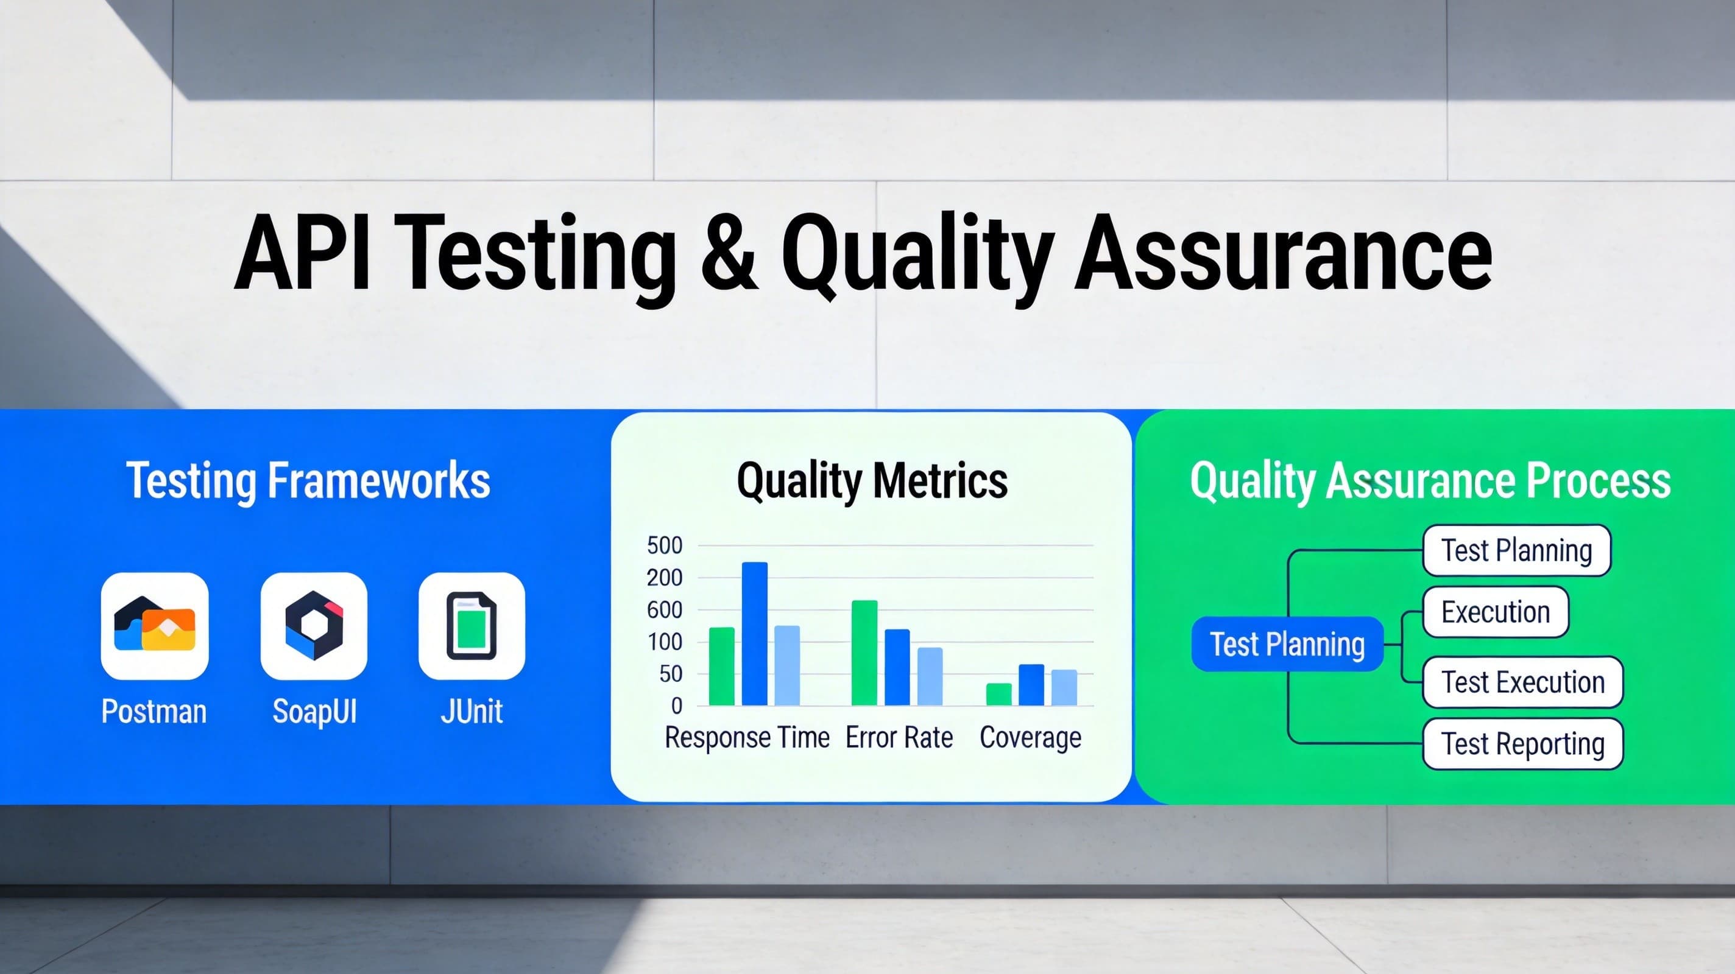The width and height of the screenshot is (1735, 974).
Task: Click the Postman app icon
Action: click(154, 625)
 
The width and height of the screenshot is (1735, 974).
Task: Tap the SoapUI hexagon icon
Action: click(314, 625)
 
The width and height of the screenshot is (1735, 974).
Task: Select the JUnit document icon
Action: click(472, 625)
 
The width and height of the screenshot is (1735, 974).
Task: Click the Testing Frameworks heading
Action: click(308, 480)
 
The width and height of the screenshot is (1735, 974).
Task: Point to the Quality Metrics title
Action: click(872, 480)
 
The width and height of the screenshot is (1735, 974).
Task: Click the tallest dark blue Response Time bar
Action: click(754, 633)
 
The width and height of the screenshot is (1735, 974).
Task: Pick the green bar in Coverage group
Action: click(998, 694)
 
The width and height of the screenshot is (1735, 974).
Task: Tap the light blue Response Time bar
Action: click(786, 665)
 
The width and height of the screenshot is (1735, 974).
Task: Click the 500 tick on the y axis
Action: click(664, 545)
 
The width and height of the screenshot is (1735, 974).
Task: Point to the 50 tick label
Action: click(670, 674)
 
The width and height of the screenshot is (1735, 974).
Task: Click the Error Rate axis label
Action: click(899, 738)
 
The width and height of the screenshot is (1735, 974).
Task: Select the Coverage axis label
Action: click(1030, 738)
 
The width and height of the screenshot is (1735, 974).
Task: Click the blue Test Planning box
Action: click(1287, 644)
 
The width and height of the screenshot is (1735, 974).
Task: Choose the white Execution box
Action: click(1495, 612)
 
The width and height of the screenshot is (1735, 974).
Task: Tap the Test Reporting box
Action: click(1522, 744)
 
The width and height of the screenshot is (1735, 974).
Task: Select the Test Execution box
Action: click(1522, 682)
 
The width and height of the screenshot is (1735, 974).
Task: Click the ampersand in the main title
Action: click(729, 253)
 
